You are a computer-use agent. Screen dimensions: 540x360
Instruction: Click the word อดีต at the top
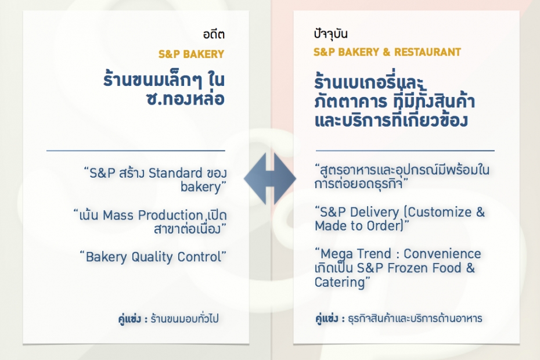(214, 34)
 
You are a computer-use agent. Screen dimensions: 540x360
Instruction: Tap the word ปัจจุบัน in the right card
(330, 34)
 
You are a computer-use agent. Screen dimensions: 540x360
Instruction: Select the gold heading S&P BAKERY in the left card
(191, 54)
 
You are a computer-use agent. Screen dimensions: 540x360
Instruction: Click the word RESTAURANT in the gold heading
(427, 52)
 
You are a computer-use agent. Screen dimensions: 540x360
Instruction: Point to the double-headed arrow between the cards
(269, 179)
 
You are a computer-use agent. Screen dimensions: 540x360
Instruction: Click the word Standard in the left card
(175, 173)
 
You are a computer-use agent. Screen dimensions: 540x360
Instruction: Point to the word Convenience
(442, 254)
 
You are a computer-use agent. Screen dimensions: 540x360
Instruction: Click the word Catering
(340, 282)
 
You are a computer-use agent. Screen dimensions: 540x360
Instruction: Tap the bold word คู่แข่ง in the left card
(129, 319)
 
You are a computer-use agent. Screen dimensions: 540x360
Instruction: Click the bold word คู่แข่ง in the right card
(327, 318)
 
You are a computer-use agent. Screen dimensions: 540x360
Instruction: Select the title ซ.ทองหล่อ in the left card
(186, 99)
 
